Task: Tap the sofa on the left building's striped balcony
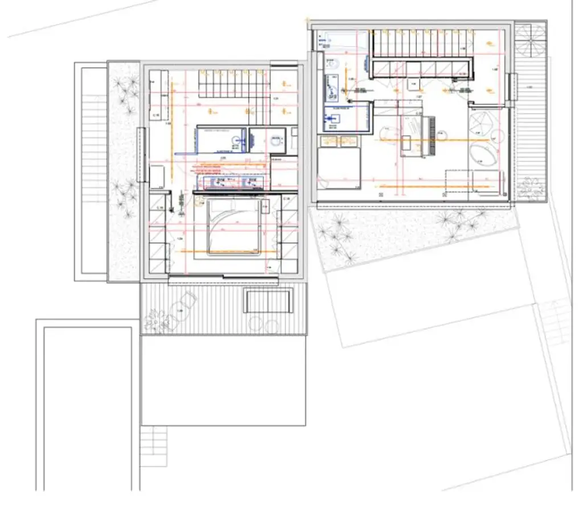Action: tap(267, 301)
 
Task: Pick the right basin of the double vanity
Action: tap(249, 182)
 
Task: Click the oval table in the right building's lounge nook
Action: tap(483, 153)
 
